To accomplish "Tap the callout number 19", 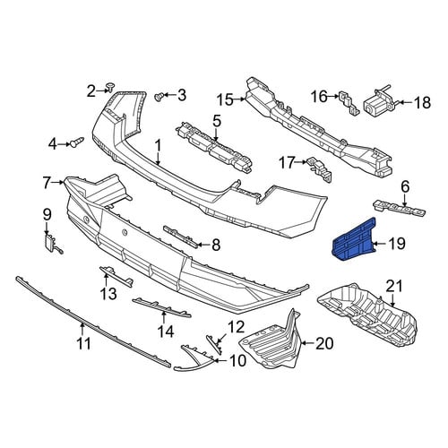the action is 396,244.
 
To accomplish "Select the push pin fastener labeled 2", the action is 111,87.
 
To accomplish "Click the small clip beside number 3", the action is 159,96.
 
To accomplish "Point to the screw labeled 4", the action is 77,142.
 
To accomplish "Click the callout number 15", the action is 225,99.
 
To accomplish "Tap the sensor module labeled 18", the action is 379,101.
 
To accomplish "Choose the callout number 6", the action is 405,187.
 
